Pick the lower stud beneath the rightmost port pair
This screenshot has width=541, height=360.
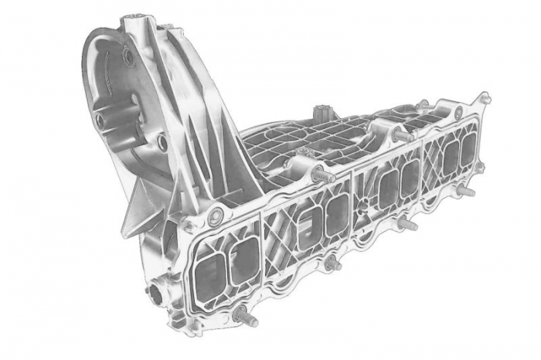465,189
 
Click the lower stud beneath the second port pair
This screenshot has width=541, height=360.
332,263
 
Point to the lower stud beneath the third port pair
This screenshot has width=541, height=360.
407,225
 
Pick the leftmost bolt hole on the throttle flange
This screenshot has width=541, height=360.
100,121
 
